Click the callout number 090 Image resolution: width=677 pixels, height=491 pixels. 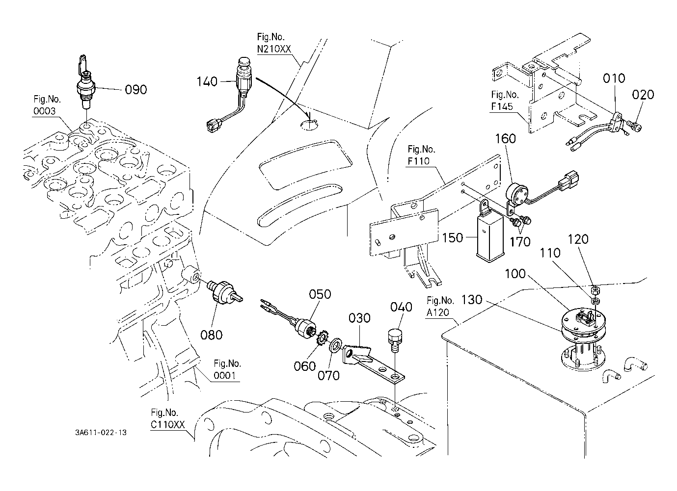coord(136,90)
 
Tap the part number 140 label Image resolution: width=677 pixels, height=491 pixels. coord(207,81)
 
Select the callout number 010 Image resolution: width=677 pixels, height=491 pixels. coord(615,78)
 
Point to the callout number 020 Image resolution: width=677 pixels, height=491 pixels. coord(643,95)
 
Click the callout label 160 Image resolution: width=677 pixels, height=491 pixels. coord(505,139)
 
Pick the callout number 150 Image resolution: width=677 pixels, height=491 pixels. coord(452,237)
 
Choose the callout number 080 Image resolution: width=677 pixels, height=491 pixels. coord(212,335)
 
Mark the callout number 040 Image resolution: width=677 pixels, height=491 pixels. coord(401,307)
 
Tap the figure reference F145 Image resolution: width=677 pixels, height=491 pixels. coord(505,108)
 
